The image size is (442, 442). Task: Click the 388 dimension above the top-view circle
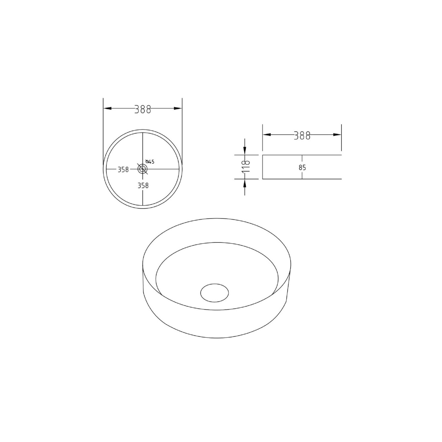coord(143,109)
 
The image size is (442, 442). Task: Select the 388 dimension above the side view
coord(302,135)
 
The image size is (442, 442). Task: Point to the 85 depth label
coord(302,168)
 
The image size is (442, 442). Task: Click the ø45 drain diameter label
coord(150,161)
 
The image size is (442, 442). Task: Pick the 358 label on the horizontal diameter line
coord(123,169)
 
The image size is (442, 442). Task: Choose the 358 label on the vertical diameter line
coord(143,185)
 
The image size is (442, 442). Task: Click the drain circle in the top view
coord(143,169)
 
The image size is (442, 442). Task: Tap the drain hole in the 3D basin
coord(214,293)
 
